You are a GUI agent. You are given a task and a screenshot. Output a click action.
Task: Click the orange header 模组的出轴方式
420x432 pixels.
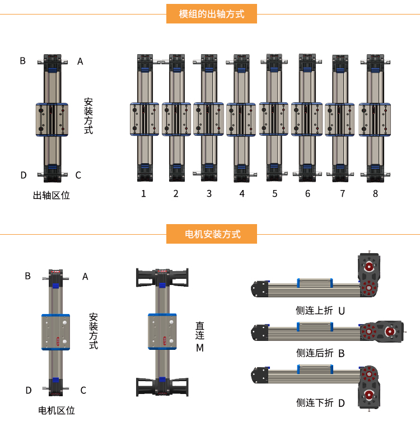[212, 14]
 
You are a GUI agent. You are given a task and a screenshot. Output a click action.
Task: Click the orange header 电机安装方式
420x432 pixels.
[212, 234]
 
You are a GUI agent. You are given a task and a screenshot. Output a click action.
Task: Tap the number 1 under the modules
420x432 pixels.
[143, 194]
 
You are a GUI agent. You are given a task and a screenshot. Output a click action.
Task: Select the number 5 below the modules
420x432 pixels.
[275, 194]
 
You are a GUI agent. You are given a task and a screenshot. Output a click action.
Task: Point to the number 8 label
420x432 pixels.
[375, 194]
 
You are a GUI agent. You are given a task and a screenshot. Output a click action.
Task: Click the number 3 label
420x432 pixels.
[209, 194]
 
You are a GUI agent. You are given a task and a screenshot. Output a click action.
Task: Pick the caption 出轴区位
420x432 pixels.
[52, 195]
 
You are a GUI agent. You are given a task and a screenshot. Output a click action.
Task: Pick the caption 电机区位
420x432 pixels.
[56, 410]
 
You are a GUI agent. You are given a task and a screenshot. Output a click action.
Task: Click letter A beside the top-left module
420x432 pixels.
[80, 61]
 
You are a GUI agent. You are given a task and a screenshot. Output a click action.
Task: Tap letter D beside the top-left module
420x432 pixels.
[24, 175]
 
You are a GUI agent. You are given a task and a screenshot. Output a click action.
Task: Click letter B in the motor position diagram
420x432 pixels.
[27, 276]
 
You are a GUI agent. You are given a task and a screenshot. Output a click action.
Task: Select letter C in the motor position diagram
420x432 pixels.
[83, 390]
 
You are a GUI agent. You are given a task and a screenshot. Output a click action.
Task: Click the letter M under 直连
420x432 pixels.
[200, 348]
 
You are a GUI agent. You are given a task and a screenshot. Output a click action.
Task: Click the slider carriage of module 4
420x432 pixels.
[242, 120]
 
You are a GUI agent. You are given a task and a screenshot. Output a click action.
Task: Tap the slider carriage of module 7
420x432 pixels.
[339, 120]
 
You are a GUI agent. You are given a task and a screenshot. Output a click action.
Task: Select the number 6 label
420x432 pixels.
[307, 194]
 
